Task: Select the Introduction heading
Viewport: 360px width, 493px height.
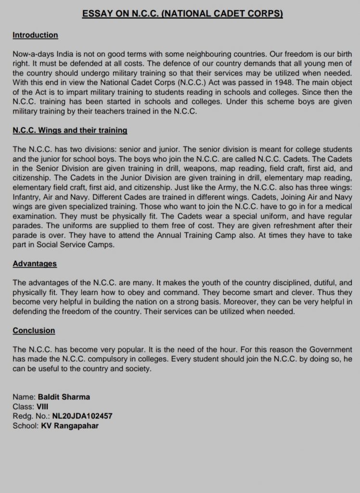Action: [x=35, y=35]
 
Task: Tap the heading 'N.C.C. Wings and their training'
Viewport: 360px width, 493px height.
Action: [x=70, y=130]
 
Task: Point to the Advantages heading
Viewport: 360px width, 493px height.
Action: [x=35, y=263]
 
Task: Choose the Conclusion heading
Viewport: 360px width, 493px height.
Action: [x=34, y=331]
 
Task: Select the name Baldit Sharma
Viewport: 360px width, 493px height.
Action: [x=67, y=397]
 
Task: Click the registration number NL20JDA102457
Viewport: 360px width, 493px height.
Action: [x=79, y=416]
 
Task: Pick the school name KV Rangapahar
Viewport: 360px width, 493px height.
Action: [x=70, y=426]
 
